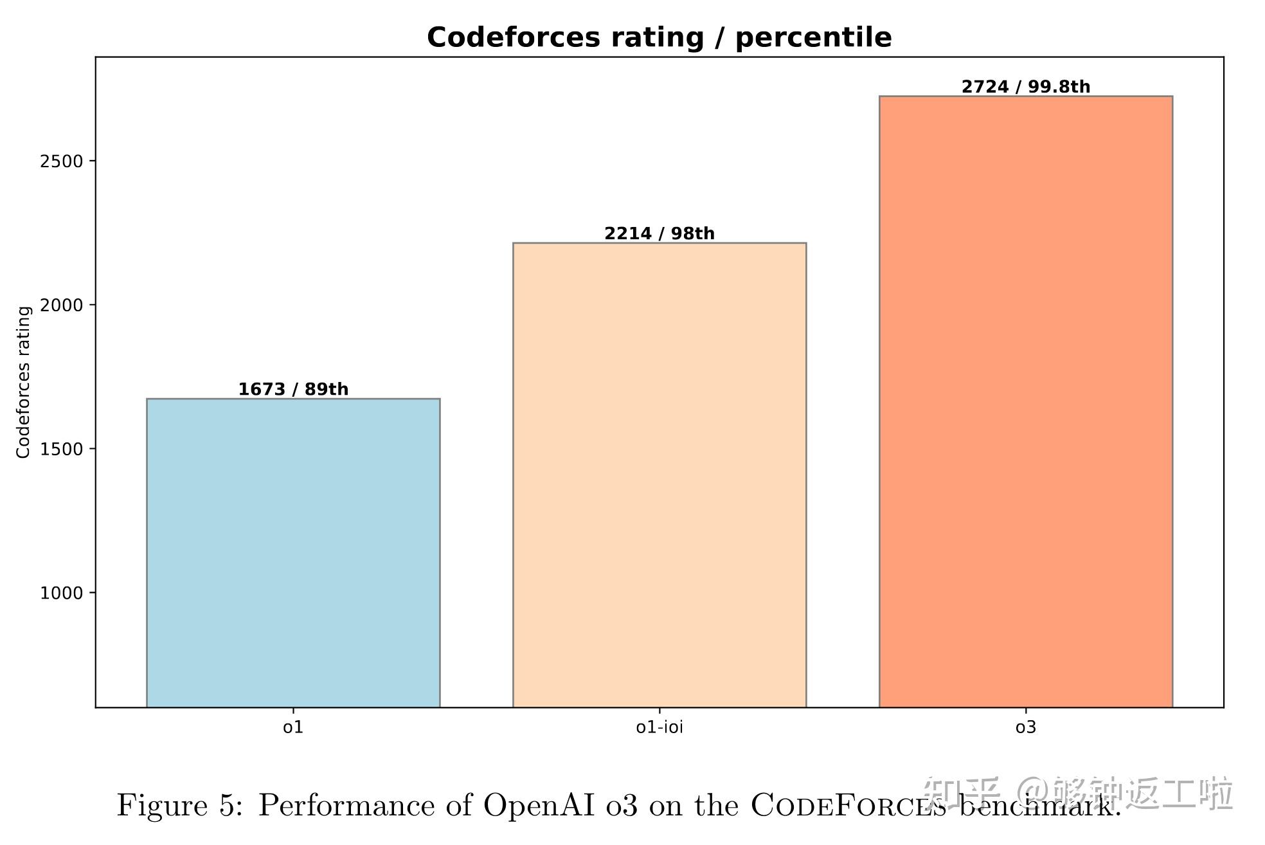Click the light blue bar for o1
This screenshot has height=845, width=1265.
pyautogui.click(x=293, y=553)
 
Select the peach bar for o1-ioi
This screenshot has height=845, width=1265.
pyautogui.click(x=659, y=475)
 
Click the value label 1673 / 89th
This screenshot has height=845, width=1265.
pyautogui.click(x=293, y=389)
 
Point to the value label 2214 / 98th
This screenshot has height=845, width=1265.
pyautogui.click(x=659, y=233)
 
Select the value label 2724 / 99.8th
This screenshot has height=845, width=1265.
pyautogui.click(x=1026, y=87)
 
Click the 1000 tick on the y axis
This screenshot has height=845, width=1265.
pyautogui.click(x=62, y=593)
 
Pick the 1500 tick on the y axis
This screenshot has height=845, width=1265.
pyautogui.click(x=62, y=449)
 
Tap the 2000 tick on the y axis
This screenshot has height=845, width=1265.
pyautogui.click(x=62, y=305)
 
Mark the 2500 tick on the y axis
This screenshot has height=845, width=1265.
pyautogui.click(x=62, y=161)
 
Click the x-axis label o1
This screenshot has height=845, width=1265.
pyautogui.click(x=293, y=727)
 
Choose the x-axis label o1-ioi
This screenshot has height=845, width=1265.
pyautogui.click(x=659, y=727)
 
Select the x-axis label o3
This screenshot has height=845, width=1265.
pyautogui.click(x=1026, y=727)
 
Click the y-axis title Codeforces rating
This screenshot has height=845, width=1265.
pyautogui.click(x=24, y=383)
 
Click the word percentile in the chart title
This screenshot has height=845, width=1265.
pyautogui.click(x=813, y=38)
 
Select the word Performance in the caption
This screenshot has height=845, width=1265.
pyautogui.click(x=346, y=806)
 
